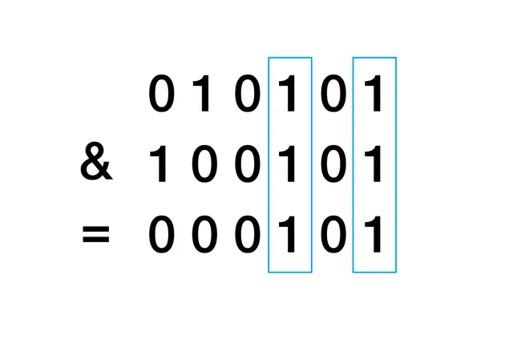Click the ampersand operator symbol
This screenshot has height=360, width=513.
[96, 166]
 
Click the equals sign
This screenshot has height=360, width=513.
[96, 237]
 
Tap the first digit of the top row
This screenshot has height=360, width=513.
[161, 96]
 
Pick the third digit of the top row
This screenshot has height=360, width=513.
[247, 96]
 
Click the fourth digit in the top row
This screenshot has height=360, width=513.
[289, 96]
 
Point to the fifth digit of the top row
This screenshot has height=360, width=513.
[332, 96]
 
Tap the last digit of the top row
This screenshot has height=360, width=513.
[374, 96]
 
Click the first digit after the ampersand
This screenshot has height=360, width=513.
[160, 167]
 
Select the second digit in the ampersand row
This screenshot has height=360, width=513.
[204, 167]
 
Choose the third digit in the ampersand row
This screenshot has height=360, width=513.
[247, 167]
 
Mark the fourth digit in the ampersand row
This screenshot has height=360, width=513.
[289, 167]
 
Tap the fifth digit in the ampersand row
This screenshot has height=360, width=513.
[332, 167]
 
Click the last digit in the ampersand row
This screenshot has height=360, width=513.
[374, 167]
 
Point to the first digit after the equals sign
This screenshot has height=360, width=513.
[161, 237]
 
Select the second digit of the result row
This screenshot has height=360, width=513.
[204, 237]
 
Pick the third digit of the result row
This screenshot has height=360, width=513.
[247, 237]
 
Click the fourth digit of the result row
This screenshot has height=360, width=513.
[289, 237]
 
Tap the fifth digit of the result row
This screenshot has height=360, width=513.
[332, 237]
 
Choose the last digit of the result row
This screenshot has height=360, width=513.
[374, 237]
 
